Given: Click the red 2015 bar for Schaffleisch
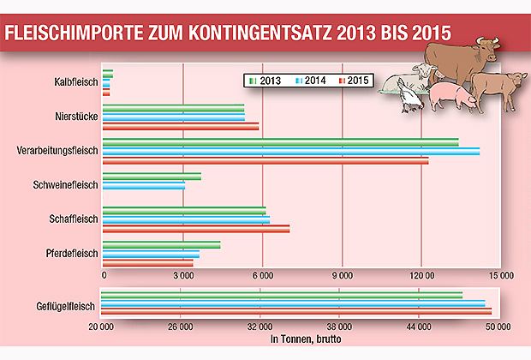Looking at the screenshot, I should point(195,229).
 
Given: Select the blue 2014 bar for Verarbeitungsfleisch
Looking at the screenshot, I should point(290,151).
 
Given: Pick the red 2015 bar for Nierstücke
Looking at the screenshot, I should point(180,127).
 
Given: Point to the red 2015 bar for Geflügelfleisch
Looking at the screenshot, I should point(296,311).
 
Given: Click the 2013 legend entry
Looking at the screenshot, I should point(265,81).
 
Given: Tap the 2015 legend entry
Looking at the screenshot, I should point(355,81).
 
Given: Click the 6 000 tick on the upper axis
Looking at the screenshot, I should point(263,275).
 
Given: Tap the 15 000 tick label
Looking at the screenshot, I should point(500,275).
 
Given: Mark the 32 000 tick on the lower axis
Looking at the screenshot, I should point(261,327).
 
